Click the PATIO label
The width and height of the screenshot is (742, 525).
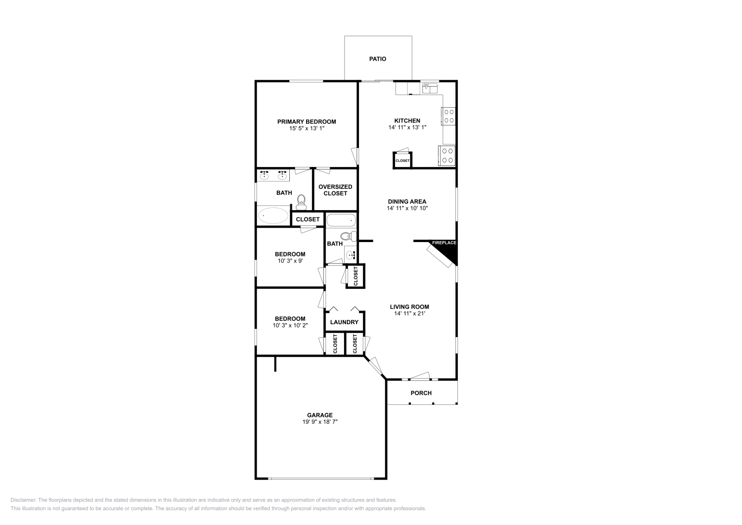377,59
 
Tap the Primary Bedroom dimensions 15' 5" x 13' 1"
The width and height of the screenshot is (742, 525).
307,128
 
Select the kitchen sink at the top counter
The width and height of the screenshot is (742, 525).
430,88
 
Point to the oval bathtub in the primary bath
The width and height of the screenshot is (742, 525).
273,216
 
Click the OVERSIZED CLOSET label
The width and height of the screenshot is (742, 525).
335,190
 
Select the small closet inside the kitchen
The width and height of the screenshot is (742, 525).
402,160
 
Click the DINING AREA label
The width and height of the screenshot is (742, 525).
407,202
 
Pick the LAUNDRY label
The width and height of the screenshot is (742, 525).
344,322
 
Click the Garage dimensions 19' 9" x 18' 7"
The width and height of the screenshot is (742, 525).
320,422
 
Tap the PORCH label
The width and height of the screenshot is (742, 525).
421,393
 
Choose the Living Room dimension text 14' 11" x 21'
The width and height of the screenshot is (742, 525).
409,314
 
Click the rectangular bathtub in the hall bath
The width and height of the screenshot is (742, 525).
341,220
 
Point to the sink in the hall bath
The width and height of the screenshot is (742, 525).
350,254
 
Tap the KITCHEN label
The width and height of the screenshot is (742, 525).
407,121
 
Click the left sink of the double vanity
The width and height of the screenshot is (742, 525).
264,175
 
